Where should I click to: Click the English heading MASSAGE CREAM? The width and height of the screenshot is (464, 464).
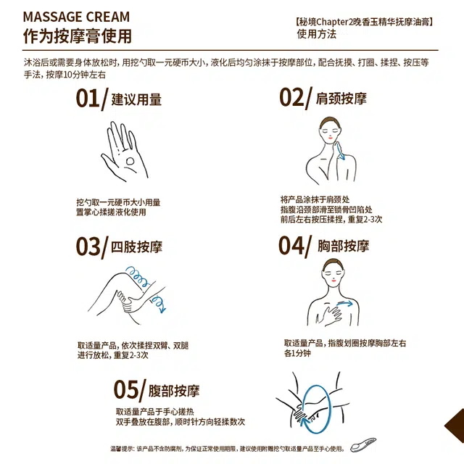(76, 17)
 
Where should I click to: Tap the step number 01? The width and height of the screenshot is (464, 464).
(88, 99)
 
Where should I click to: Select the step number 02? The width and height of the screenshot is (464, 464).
(291, 97)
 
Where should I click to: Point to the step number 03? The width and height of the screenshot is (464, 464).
(88, 246)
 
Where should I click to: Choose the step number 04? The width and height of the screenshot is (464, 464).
(291, 245)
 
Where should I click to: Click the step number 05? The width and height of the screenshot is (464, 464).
(126, 390)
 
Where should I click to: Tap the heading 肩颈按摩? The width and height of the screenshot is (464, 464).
(341, 99)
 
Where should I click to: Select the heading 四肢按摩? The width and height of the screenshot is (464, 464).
(136, 246)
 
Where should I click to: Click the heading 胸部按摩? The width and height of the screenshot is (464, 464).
(343, 246)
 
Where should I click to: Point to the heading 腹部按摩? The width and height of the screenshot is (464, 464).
(174, 391)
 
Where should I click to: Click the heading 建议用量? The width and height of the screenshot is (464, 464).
(136, 99)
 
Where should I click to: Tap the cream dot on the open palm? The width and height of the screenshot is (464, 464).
(130, 161)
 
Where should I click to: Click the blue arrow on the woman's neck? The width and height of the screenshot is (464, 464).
(340, 151)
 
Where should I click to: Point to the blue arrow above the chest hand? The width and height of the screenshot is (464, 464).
(345, 303)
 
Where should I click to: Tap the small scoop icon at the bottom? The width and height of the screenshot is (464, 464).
(363, 444)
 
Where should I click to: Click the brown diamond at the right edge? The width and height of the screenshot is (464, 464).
(455, 426)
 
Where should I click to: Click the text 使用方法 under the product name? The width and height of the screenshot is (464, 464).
(316, 34)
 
